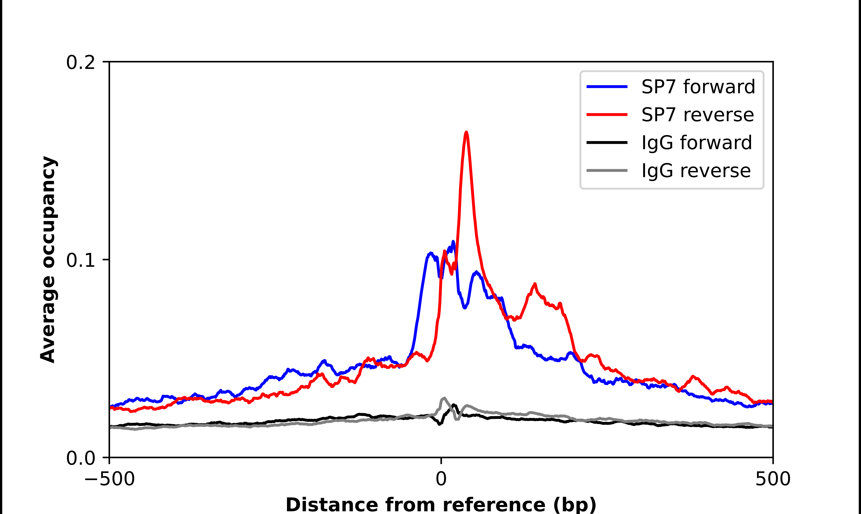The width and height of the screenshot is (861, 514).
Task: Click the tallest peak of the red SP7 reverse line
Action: tap(466, 132)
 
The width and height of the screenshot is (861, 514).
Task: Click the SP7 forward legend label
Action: tap(698, 87)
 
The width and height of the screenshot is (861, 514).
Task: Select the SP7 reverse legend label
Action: tap(697, 115)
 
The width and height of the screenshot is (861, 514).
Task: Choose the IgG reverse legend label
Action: tap(696, 171)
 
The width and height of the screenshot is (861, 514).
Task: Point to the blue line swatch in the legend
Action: tap(607, 87)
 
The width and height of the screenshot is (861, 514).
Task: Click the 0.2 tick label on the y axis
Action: tap(80, 63)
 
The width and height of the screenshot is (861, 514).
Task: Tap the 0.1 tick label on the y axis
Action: tap(80, 260)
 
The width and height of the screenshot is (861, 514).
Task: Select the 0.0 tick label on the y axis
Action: tap(80, 458)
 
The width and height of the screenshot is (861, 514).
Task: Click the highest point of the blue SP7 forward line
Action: tap(453, 242)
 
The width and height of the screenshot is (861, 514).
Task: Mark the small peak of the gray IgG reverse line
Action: tap(444, 398)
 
